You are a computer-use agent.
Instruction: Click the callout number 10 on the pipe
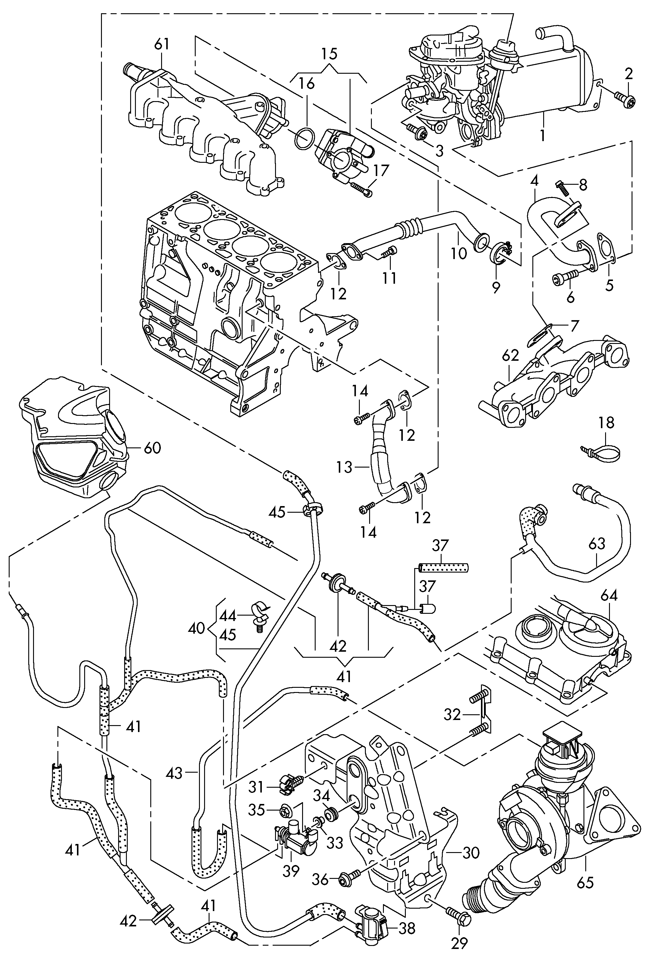click(459, 253)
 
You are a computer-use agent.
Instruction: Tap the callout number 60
click(152, 448)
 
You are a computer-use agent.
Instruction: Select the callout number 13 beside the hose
click(345, 468)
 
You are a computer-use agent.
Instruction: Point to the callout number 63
click(597, 543)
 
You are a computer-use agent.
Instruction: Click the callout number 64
click(609, 596)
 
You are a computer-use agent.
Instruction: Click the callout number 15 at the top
click(329, 54)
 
